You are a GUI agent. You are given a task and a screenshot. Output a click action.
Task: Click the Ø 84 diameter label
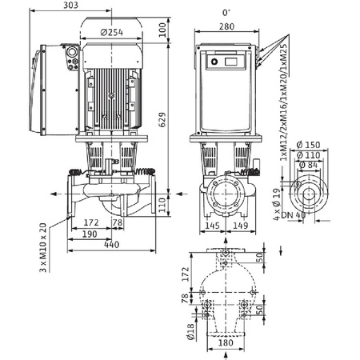[307, 166]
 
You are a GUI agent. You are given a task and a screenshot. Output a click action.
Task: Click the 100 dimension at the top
[163, 30]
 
